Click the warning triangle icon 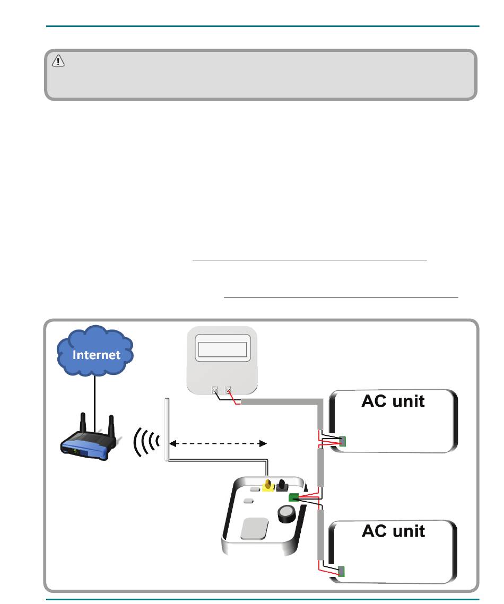[58, 61]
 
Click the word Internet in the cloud [97, 355]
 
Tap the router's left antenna [82, 423]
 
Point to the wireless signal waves [146, 442]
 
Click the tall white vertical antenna [167, 430]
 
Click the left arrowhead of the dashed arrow [173, 444]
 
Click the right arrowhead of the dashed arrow [263, 444]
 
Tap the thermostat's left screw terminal [215, 391]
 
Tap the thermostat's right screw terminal [228, 390]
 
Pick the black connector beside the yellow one [282, 485]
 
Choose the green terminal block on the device [293, 497]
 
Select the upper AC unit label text [393, 401]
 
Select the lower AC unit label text [393, 531]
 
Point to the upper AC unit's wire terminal [343, 441]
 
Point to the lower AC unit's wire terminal [341, 572]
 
